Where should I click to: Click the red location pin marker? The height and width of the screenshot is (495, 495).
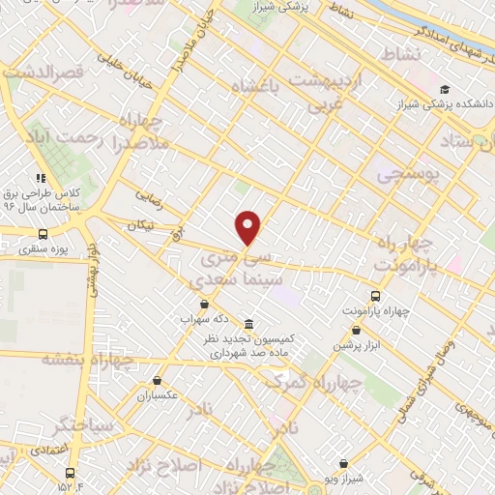pyautogui.click(x=248, y=227)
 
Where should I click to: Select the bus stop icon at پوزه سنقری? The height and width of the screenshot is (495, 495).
pyautogui.click(x=43, y=234)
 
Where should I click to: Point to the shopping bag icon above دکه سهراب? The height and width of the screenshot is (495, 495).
pyautogui.click(x=203, y=305)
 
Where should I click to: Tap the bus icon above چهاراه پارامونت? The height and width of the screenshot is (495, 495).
pyautogui.click(x=375, y=297)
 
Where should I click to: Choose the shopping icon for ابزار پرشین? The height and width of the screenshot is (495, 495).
pyautogui.click(x=366, y=330)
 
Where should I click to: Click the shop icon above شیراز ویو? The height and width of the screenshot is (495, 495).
pyautogui.click(x=343, y=464)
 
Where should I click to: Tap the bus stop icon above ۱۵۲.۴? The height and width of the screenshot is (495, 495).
pyautogui.click(x=70, y=473)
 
